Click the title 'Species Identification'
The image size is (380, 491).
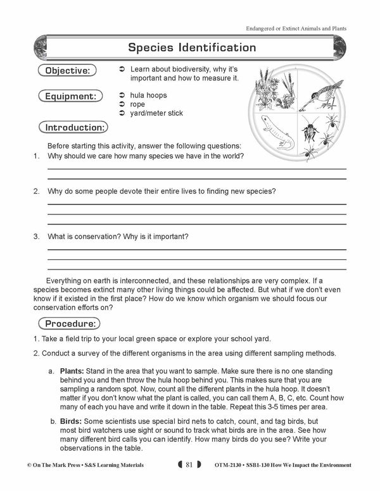click(x=192, y=47)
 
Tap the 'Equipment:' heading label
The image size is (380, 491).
click(x=69, y=96)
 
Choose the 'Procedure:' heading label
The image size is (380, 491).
click(x=70, y=323)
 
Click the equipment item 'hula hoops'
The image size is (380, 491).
click(x=149, y=95)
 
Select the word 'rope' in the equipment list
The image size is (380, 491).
click(x=137, y=104)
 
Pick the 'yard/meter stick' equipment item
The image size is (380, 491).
click(x=156, y=113)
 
